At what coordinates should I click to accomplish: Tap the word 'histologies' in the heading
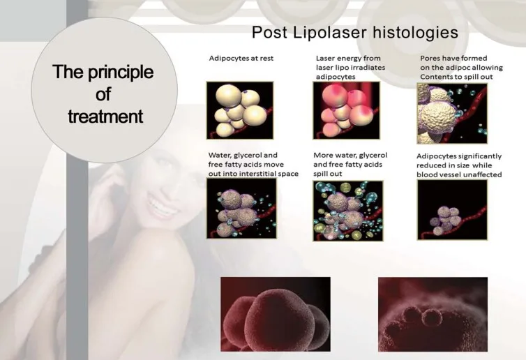pos(415,33)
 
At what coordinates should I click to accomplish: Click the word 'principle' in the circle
pos(121,73)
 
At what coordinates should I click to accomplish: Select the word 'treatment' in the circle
pos(105,117)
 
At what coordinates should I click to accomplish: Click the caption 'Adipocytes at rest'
pos(241,58)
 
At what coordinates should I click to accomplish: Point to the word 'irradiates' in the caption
pos(368,67)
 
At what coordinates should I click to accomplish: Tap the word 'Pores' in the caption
pos(429,58)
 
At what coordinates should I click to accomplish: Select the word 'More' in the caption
pos(321,155)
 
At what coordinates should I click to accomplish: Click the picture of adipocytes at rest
pos(239,110)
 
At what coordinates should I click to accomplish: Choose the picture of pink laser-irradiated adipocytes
pos(347,110)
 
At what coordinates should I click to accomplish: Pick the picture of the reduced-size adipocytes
pos(452,210)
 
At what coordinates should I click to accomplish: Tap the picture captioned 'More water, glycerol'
pos(348,211)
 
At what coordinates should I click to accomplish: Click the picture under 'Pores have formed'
pos(452,114)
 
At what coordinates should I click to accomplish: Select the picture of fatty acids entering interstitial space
pos(241,209)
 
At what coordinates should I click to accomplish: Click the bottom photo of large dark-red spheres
pos(276,314)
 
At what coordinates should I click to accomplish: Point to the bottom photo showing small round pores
pos(433,314)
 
